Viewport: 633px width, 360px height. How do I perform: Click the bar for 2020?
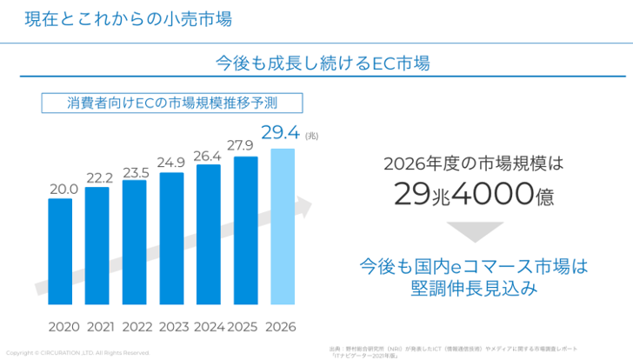pos(60,252)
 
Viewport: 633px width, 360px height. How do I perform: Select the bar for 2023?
pos(171,239)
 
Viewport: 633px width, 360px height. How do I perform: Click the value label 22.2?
pos(100,177)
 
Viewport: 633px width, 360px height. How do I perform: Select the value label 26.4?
pos(207,157)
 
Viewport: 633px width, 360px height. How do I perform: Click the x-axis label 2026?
pos(281,328)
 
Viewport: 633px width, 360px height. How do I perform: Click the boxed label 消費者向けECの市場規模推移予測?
pos(172,103)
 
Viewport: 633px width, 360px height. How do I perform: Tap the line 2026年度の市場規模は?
pos(474,163)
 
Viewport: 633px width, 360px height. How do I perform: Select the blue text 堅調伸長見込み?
pos(474,288)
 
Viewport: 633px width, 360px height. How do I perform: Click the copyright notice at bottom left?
pos(77,353)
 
